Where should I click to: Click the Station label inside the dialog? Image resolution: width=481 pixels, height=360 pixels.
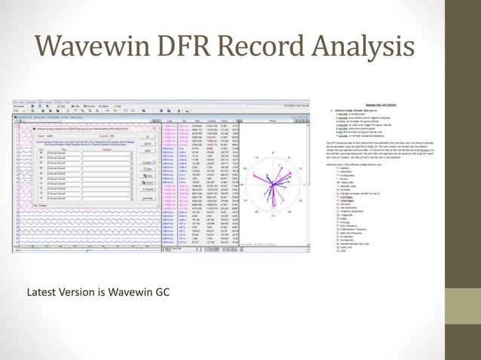(29, 136)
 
